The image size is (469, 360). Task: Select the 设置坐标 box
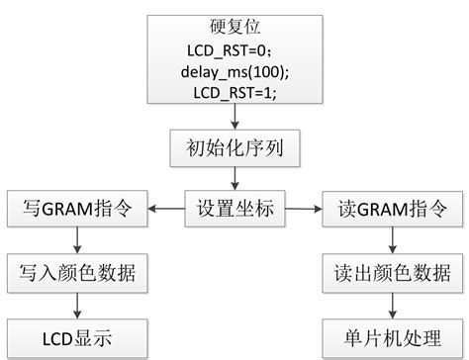tap(234, 208)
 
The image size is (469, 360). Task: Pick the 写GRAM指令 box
tap(77, 208)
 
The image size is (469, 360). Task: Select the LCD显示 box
tap(77, 336)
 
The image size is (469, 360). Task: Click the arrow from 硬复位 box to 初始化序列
tap(234, 118)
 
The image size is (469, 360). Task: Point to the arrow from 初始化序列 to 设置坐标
tap(234, 178)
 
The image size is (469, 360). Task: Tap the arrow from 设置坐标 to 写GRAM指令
tap(166, 208)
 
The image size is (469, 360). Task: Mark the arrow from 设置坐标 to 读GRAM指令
tap(302, 208)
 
